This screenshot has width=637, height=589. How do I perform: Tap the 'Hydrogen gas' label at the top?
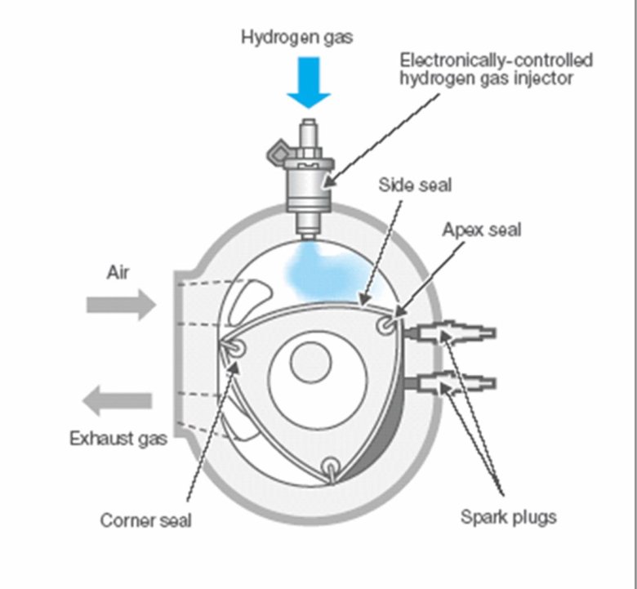coord(296,38)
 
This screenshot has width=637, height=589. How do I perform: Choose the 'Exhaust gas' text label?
coord(118,439)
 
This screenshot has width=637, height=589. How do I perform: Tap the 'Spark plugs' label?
coord(508,516)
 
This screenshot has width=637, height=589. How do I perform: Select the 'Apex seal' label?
coord(481,230)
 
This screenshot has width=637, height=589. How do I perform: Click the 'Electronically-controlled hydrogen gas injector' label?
coord(496,69)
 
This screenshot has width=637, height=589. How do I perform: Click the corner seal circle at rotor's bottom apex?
coord(332,468)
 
